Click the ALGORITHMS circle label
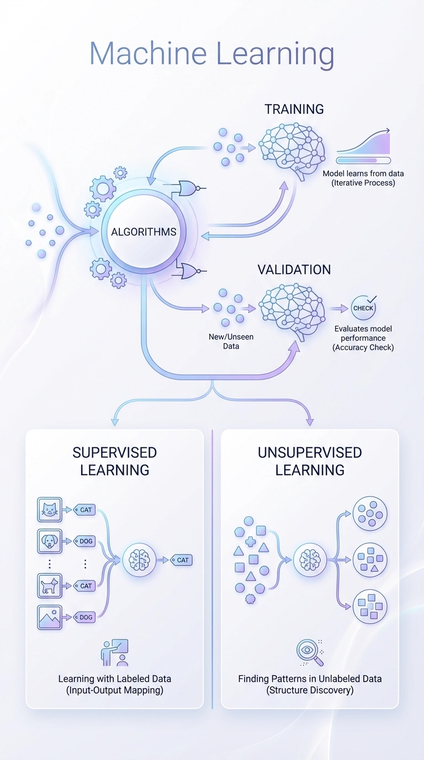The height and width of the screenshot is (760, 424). (x=144, y=231)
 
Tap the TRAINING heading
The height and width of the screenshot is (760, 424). (x=294, y=109)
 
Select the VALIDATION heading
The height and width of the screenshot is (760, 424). (x=294, y=270)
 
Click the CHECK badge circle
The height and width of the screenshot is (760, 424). (x=363, y=308)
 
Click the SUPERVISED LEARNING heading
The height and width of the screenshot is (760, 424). (x=115, y=461)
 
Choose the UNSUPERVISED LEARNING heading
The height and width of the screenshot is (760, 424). (x=310, y=461)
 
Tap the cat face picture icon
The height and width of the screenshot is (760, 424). (x=50, y=510)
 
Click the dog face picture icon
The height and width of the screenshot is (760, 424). (x=50, y=541)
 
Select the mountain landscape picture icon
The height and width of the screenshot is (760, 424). (x=50, y=617)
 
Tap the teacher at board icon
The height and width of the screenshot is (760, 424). (x=115, y=653)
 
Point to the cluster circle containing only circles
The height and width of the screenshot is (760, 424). (x=370, y=513)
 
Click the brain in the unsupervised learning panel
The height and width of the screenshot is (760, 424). (x=310, y=560)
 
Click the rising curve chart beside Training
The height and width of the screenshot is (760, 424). (x=363, y=143)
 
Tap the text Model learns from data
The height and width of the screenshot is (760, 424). (x=363, y=173)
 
